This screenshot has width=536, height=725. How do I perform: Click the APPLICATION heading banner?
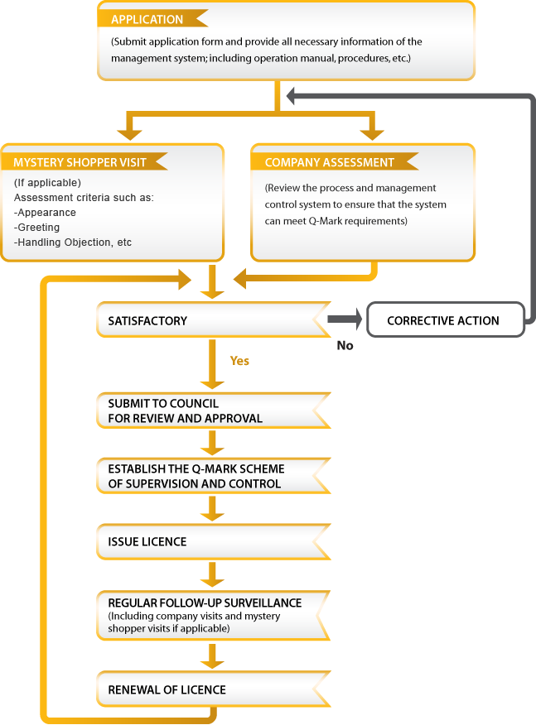click(x=147, y=19)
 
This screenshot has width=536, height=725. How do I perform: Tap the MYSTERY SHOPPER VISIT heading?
click(x=80, y=162)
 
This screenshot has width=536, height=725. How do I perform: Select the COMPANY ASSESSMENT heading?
click(x=329, y=162)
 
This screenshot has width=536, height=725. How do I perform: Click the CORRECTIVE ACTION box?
click(x=445, y=320)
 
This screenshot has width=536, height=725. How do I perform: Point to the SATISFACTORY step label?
click(x=147, y=321)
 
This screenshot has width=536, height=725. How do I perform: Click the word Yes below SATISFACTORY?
click(x=239, y=361)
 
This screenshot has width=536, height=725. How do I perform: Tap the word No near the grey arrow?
click(x=345, y=345)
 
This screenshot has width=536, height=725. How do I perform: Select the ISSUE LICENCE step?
click(x=147, y=541)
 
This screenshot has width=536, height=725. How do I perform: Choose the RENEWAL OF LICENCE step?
click(x=167, y=690)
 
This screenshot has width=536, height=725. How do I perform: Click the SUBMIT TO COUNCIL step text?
click(x=185, y=411)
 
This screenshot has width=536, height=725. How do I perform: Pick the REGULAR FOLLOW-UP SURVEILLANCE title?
click(x=205, y=603)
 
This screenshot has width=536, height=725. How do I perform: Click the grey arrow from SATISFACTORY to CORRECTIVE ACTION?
click(x=345, y=319)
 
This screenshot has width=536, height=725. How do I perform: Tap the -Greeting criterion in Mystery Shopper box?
click(x=37, y=228)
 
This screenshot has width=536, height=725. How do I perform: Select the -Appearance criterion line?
click(x=45, y=213)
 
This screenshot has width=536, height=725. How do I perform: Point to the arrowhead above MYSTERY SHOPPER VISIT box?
click(x=129, y=134)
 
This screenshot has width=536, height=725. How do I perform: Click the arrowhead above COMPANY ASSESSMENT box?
click(x=372, y=134)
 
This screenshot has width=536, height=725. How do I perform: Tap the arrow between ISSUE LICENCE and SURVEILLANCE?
click(x=212, y=574)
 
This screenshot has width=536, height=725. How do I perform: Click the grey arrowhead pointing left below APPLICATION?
click(x=291, y=96)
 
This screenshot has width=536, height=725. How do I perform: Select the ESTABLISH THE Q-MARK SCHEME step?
click(x=196, y=476)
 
